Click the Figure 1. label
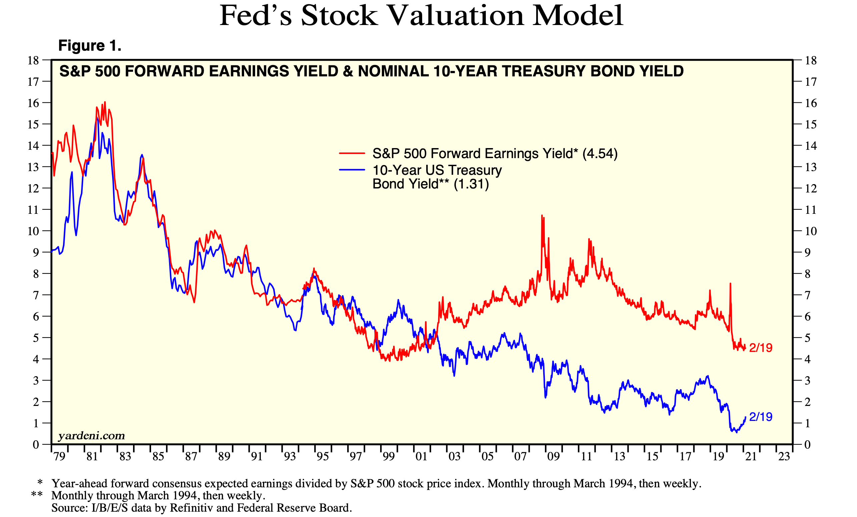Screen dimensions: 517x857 tap(90, 46)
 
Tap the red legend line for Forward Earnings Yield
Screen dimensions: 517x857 tap(352, 153)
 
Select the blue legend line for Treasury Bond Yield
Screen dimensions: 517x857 tap(352, 170)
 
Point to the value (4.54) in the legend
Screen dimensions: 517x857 tap(600, 153)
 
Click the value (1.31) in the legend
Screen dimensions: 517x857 tap(471, 184)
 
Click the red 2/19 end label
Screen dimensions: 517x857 tap(761, 348)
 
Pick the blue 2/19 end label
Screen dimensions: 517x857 tap(761, 417)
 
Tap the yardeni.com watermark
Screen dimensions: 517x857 tap(91, 436)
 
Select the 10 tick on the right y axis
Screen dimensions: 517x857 tap(811, 231)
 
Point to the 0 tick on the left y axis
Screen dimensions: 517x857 tap(36, 445)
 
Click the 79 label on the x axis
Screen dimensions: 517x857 tap(59, 456)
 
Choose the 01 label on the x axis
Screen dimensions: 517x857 tap(421, 456)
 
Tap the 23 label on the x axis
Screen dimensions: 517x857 tap(784, 456)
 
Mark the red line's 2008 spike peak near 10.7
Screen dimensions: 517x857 tap(542, 216)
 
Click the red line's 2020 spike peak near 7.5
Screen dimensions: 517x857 tap(730, 284)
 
